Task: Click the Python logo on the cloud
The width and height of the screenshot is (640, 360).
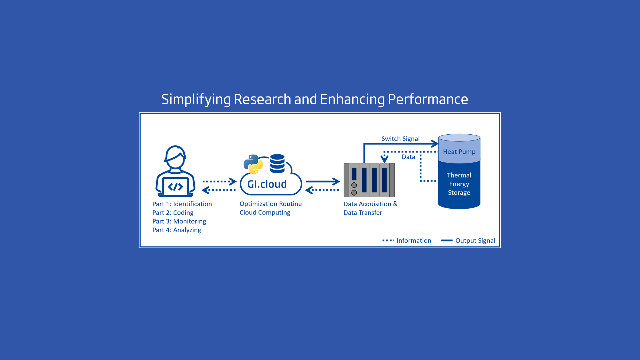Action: [253, 164]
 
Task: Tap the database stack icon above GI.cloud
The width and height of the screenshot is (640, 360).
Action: [277, 164]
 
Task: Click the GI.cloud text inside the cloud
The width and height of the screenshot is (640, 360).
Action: [267, 184]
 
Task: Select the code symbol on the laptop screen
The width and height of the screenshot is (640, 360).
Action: [175, 187]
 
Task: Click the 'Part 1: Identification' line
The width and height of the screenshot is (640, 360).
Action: [182, 204]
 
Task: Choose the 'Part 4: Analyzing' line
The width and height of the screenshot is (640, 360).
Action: [177, 230]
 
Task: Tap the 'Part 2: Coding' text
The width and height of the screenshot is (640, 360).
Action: [173, 213]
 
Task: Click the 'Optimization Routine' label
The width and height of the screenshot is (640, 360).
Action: [270, 204]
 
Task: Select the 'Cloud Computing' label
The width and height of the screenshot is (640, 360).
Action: [265, 213]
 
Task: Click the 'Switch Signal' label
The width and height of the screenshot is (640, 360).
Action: [400, 139]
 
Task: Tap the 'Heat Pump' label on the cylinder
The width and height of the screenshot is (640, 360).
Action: [459, 152]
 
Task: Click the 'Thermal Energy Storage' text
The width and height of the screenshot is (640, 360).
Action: [459, 184]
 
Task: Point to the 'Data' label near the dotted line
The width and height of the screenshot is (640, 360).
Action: [408, 157]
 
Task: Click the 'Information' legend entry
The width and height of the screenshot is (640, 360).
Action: [413, 241]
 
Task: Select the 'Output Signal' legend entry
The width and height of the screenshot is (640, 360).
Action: [475, 241]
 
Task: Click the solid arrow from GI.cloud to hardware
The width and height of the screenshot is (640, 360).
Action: [322, 182]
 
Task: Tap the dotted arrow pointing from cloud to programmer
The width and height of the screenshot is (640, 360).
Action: [219, 190]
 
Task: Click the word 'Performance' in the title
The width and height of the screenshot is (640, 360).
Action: [428, 99]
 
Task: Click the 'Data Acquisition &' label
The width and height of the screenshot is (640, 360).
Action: [370, 204]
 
